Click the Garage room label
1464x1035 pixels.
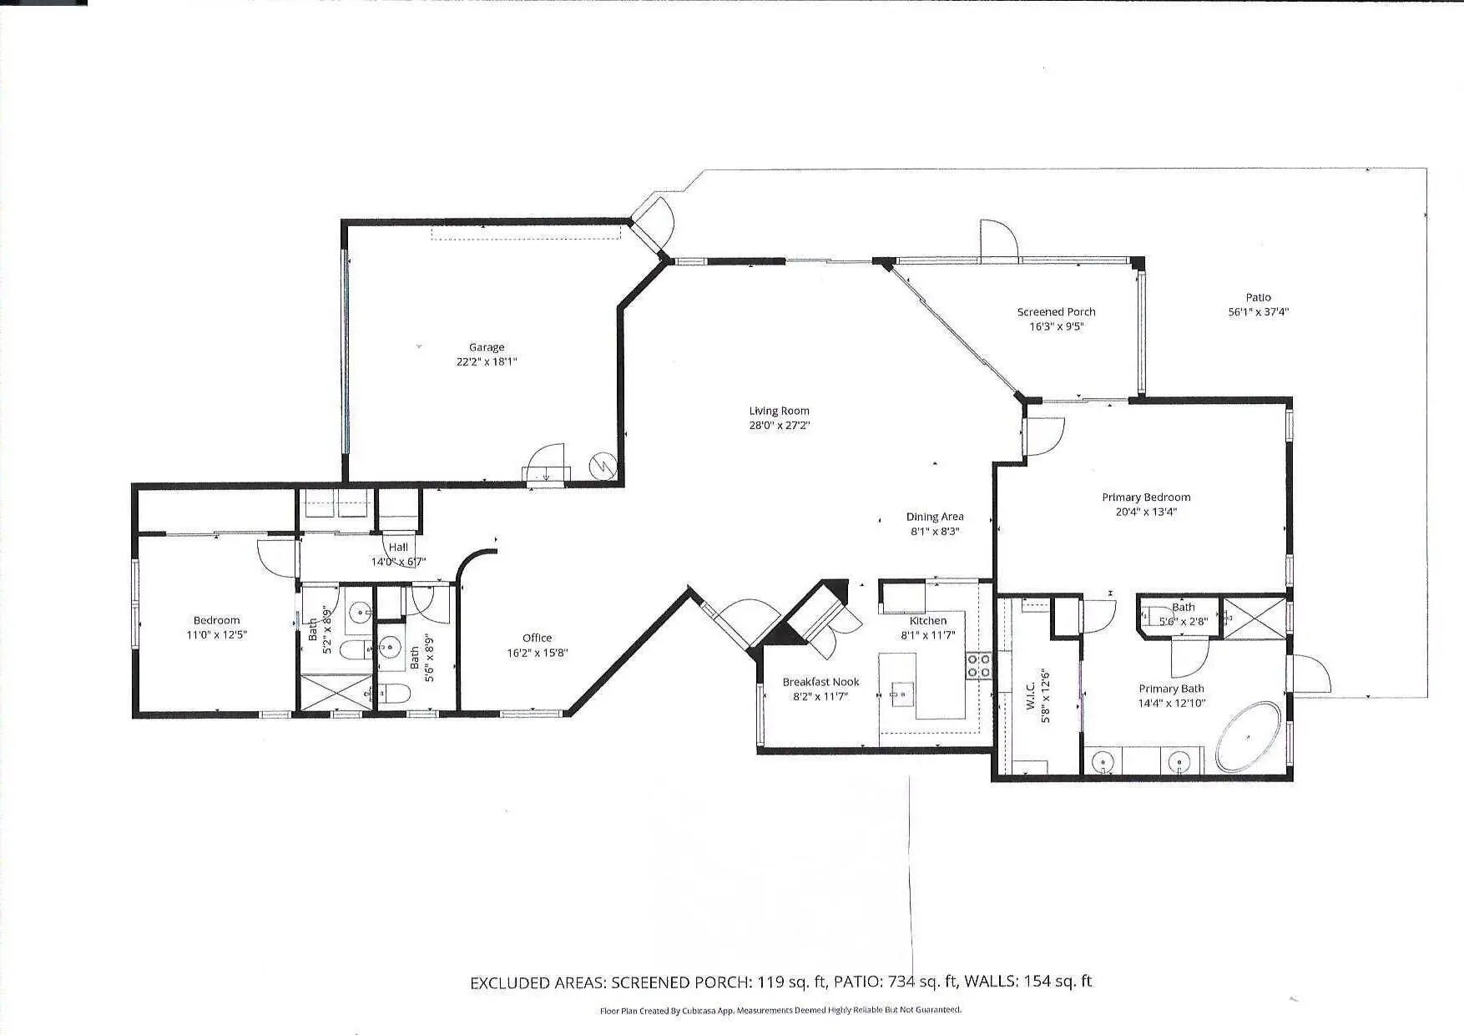click(x=487, y=347)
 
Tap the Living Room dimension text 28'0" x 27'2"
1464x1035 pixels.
click(x=780, y=426)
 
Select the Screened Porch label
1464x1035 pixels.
click(x=1056, y=312)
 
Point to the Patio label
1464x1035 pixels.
click(x=1258, y=297)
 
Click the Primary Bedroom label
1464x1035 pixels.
click(x=1146, y=497)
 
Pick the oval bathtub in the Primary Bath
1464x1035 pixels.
click(x=1248, y=736)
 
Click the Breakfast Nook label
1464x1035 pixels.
click(x=820, y=682)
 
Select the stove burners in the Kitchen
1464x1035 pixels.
click(x=979, y=665)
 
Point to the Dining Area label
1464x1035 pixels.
click(x=935, y=517)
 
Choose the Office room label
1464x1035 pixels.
click(x=538, y=639)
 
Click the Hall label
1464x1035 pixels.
click(x=398, y=548)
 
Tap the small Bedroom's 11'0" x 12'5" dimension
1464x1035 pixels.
click(x=216, y=635)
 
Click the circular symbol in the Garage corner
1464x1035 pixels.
click(x=602, y=465)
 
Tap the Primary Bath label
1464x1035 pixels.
click(x=1171, y=689)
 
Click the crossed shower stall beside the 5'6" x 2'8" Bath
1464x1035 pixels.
click(x=1254, y=617)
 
